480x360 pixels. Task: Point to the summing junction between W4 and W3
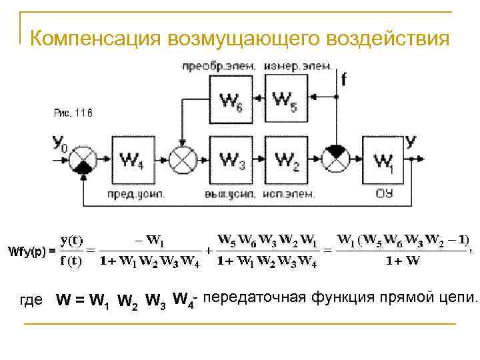[x=182, y=161]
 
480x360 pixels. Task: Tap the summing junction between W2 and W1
[x=335, y=160]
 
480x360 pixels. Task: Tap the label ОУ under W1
[x=385, y=194]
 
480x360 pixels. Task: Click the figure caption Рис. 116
[x=73, y=113]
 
